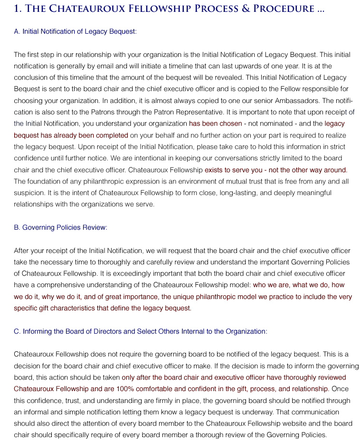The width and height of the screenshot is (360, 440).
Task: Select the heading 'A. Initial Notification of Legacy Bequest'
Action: pyautogui.click(x=75, y=31)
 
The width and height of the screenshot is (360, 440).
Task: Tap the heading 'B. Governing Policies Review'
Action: pyautogui.click(x=60, y=227)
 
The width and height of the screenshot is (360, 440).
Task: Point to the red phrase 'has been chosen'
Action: pyautogui.click(x=216, y=123)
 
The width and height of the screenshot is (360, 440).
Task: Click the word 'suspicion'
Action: pyautogui.click(x=28, y=193)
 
